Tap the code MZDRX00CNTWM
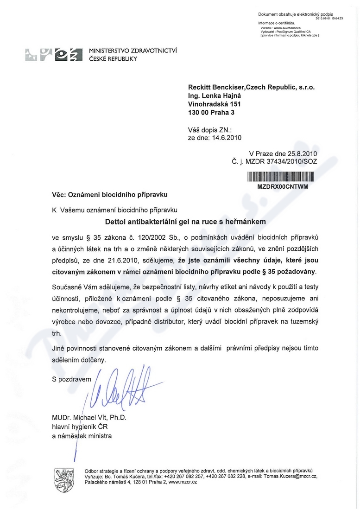(282, 186)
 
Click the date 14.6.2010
(226, 138)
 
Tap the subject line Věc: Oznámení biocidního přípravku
(109, 194)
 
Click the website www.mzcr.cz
(183, 482)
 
